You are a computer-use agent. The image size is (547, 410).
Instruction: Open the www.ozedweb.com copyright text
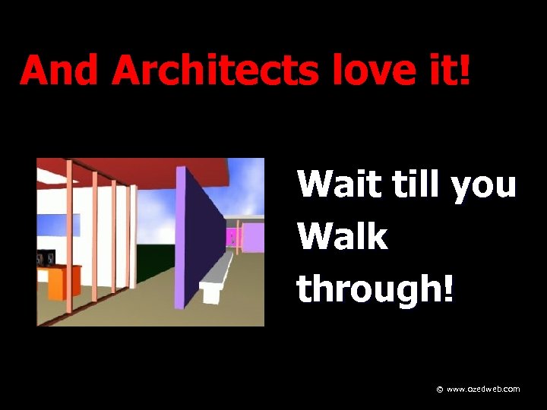(x=483, y=389)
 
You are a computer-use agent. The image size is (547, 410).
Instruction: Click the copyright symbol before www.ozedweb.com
(x=440, y=389)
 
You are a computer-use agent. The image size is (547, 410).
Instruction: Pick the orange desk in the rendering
(x=65, y=282)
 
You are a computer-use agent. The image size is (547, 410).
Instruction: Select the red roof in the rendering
(x=137, y=171)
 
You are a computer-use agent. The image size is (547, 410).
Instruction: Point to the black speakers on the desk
(x=46, y=259)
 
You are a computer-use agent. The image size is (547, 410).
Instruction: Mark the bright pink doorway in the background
(x=234, y=238)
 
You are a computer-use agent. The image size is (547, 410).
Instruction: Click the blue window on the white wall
(x=59, y=225)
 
